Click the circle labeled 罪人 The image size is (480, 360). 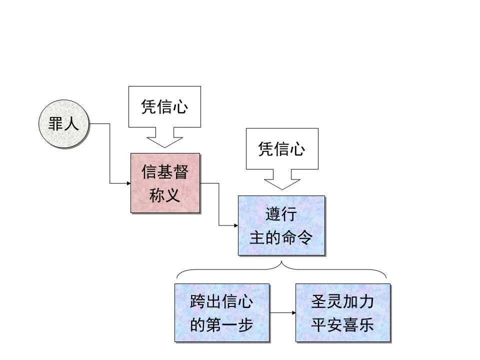click(x=63, y=124)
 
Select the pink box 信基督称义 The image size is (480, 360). click(x=165, y=183)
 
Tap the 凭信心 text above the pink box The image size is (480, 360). click(x=164, y=106)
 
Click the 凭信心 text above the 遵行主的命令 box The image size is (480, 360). click(x=282, y=148)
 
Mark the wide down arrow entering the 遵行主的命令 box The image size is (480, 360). click(x=282, y=179)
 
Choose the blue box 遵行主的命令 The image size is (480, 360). click(x=281, y=225)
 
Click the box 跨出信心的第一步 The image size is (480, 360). click(x=221, y=313)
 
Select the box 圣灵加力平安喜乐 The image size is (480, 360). click(x=342, y=313)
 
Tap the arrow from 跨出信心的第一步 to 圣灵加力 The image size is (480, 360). click(x=282, y=313)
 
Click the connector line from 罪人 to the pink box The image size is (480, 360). click(x=110, y=155)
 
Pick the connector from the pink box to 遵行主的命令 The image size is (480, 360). click(x=219, y=205)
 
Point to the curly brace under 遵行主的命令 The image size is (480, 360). click(x=281, y=270)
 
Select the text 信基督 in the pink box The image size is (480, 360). click(x=164, y=172)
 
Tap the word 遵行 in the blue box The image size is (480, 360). click(x=281, y=214)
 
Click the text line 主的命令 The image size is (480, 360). click(x=281, y=237)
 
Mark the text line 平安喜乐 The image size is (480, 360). click(x=342, y=325)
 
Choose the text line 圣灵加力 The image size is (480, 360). click(x=342, y=301)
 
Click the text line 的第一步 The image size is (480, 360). click(x=221, y=325)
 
